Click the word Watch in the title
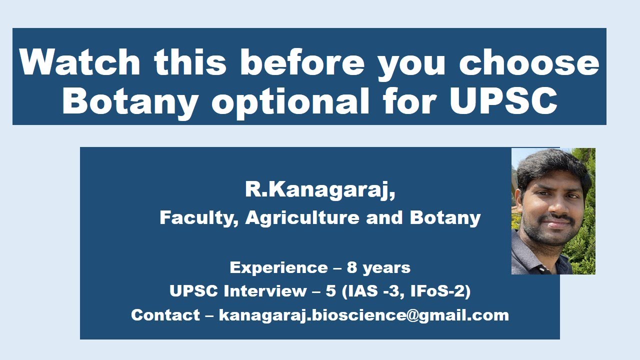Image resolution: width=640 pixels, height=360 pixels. pyautogui.click(x=80, y=62)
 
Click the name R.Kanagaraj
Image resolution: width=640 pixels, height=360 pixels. pyautogui.click(x=319, y=190)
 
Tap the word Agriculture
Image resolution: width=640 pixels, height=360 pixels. pyautogui.click(x=302, y=218)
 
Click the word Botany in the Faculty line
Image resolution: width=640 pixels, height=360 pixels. pyautogui.click(x=445, y=218)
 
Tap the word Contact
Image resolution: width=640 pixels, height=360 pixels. pyautogui.click(x=165, y=315)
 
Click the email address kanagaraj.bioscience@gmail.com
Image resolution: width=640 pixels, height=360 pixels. pyautogui.click(x=363, y=315)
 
